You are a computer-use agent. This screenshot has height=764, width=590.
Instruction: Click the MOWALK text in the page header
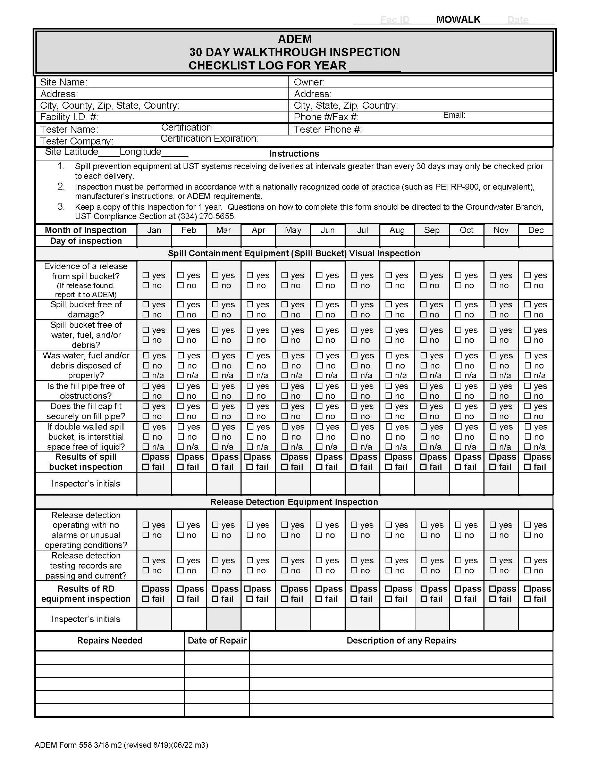[x=458, y=19]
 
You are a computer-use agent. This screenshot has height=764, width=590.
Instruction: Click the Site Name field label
[x=64, y=82]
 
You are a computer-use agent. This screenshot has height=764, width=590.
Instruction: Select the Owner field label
[x=309, y=82]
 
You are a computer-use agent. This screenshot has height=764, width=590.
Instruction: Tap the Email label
[x=454, y=115]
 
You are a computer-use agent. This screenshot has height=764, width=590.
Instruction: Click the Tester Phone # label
[x=328, y=130]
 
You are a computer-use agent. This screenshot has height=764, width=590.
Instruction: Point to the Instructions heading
[x=294, y=153]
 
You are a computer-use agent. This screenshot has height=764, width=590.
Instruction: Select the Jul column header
[x=362, y=230]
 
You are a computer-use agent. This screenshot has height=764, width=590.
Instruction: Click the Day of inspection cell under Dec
[x=536, y=241]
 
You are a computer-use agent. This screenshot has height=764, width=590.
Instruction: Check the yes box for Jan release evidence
[x=146, y=275]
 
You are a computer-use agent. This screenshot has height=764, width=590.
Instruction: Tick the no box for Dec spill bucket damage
[x=528, y=315]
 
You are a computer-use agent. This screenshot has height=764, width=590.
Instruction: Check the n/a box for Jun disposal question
[x=319, y=375]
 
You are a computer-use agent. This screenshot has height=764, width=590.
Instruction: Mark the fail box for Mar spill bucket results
[x=215, y=467]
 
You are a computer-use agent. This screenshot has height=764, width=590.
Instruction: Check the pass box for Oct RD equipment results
[x=458, y=589]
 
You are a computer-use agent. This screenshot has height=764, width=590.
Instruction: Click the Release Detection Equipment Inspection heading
[x=294, y=502]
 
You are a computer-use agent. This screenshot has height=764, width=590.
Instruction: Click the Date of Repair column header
[x=217, y=640]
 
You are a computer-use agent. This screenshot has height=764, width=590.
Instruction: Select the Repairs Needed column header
[x=109, y=640]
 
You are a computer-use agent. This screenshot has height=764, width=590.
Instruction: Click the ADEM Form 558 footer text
[x=121, y=745]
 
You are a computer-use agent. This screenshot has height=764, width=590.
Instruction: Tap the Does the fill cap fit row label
[x=86, y=411]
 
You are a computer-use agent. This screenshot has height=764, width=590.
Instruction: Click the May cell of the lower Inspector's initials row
[x=293, y=619]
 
